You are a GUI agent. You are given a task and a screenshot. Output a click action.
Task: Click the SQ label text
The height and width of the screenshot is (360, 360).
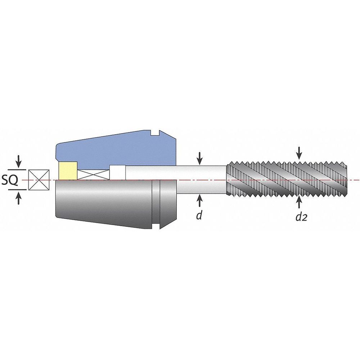[10, 180]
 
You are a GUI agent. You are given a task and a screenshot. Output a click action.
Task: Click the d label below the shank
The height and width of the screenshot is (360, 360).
[199, 215]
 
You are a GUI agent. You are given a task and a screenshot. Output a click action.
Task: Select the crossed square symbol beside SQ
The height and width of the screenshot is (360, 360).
[39, 180]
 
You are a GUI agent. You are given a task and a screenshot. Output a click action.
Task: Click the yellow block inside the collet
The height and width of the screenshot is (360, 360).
[68, 171]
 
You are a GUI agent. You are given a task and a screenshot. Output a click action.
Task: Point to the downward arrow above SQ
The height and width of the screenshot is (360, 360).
[19, 161]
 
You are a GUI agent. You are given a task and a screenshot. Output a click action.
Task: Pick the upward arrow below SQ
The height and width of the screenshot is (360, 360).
[19, 198]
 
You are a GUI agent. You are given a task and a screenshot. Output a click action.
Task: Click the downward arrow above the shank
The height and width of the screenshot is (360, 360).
[200, 158]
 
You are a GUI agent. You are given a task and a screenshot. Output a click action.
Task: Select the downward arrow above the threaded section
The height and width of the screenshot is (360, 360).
[299, 153]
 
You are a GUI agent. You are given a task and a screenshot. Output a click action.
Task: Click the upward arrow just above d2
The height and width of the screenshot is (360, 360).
[299, 202]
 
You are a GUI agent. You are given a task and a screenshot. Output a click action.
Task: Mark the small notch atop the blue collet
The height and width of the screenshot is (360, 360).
[155, 133]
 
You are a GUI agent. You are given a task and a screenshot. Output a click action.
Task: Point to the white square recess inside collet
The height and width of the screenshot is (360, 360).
[118, 172]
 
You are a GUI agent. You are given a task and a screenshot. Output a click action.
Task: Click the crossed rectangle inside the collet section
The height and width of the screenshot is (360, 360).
[94, 175]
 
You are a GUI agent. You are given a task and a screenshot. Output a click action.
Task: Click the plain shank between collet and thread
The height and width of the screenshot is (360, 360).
[201, 180]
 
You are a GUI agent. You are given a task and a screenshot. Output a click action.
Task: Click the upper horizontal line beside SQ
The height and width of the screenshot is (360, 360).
[17, 170]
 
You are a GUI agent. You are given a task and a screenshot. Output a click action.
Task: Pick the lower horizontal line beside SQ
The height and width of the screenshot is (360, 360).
[17, 190]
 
